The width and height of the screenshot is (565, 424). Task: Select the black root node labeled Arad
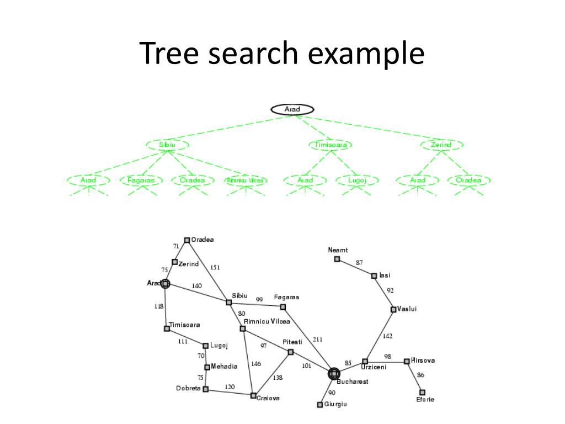pyautogui.click(x=292, y=109)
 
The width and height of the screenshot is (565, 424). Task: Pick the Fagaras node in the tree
pyautogui.click(x=141, y=181)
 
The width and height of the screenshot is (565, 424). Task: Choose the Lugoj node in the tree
pyautogui.click(x=358, y=181)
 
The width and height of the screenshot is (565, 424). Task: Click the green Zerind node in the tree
pyautogui.click(x=441, y=145)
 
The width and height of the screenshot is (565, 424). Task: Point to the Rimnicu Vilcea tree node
pyautogui.click(x=246, y=181)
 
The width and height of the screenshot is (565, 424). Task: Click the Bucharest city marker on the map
pyautogui.click(x=333, y=374)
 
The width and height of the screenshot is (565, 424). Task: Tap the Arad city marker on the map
pyautogui.click(x=165, y=284)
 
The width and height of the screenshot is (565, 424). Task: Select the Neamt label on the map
pyautogui.click(x=338, y=250)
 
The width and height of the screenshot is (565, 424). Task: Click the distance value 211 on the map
pyautogui.click(x=318, y=339)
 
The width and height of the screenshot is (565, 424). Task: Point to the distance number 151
pyautogui.click(x=215, y=268)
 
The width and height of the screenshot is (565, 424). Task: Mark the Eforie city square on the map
pyautogui.click(x=423, y=392)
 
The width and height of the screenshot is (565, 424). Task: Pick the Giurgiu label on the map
pyautogui.click(x=335, y=405)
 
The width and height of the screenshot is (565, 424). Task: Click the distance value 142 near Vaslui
pyautogui.click(x=388, y=336)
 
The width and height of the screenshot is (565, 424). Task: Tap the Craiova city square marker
pyautogui.click(x=253, y=396)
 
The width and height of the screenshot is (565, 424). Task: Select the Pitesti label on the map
pyautogui.click(x=292, y=342)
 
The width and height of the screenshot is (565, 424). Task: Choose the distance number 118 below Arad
pyautogui.click(x=159, y=306)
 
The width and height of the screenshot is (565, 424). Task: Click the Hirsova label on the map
pyautogui.click(x=423, y=361)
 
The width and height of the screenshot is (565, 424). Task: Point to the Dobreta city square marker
pyautogui.click(x=206, y=389)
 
